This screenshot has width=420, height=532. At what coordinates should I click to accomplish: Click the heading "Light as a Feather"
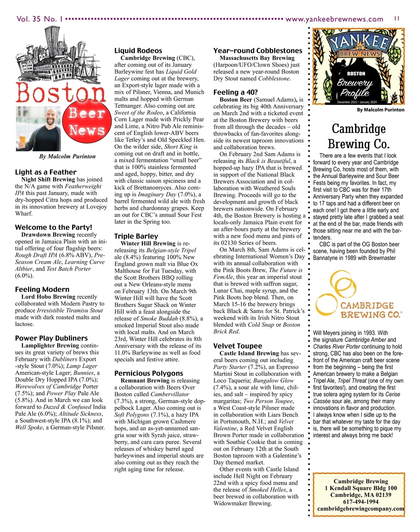[45, 172]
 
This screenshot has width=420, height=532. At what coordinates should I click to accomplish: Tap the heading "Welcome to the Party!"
[54, 227]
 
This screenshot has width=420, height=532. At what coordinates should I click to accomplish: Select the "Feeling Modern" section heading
[42, 289]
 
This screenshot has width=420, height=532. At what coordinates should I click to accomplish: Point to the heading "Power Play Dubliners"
[51, 338]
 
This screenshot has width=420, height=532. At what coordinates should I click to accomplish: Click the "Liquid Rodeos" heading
[138, 51]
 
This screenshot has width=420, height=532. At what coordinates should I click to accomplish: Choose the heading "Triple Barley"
[136, 236]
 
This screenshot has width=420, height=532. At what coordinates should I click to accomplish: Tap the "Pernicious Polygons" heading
[149, 373]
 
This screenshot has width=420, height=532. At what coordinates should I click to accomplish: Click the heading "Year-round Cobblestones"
[258, 51]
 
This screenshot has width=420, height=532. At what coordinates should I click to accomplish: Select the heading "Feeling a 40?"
[236, 92]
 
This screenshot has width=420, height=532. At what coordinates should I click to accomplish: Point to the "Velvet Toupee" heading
[238, 346]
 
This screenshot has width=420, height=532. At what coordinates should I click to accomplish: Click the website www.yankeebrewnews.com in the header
[334, 19]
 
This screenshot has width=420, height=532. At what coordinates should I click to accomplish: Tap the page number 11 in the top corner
[397, 19]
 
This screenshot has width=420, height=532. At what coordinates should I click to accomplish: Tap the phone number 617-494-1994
[360, 502]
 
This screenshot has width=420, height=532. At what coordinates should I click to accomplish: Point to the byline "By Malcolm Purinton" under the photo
[67, 156]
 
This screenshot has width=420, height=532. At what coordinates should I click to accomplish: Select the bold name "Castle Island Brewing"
[249, 353]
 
